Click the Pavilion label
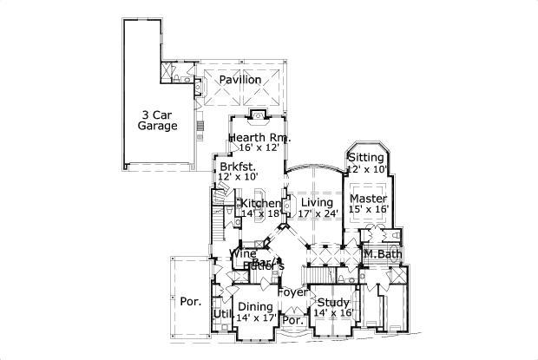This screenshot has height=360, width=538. pos(239,80)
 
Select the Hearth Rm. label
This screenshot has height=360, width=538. pos(259,138)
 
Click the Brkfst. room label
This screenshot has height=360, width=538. pos(237,166)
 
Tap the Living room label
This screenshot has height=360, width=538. pos(316,203)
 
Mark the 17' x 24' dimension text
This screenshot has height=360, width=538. pos(316,213)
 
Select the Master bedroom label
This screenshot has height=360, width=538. pos(368,199)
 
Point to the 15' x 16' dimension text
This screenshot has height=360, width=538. pos(368,209)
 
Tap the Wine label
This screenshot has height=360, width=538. pos(242,253)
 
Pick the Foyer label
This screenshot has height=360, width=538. pos(291,292)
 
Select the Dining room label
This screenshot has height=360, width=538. pos(255,306)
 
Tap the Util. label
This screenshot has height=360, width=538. pos(221,313)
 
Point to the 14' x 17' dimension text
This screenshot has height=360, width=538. pos(255,317)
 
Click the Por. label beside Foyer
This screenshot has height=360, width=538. pos(292,320)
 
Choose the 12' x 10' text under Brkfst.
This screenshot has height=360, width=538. pos(237,176)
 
